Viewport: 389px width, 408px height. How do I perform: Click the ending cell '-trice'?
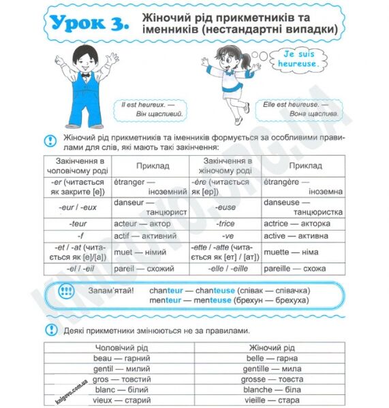(x=225, y=223)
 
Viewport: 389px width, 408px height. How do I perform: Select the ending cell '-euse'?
(x=225, y=207)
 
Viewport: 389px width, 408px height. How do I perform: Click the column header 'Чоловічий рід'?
(x=121, y=347)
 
